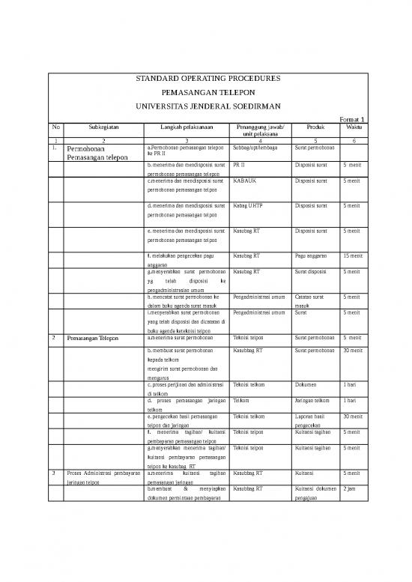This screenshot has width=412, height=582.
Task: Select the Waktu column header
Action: (352, 127)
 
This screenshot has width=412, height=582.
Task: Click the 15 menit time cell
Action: (351, 257)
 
